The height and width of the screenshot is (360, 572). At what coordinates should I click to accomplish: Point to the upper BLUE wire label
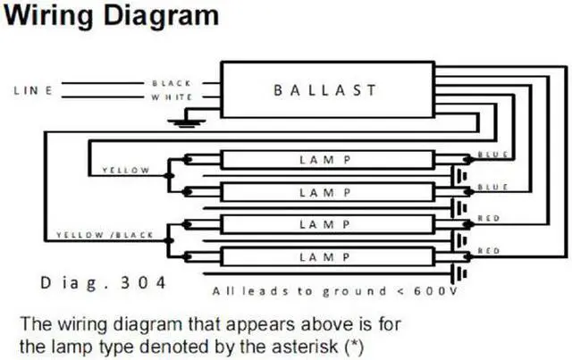click(x=493, y=155)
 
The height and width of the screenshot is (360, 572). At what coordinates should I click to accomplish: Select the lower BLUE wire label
click(x=493, y=187)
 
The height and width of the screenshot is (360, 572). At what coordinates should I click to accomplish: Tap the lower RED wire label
click(x=489, y=252)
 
